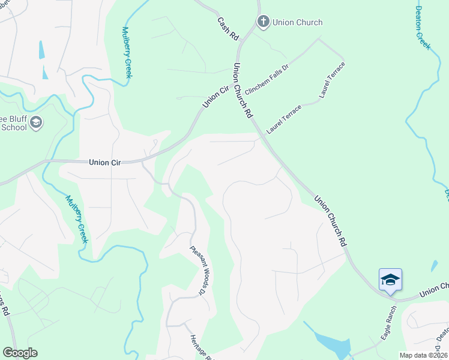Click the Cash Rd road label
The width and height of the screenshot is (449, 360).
(x=229, y=29)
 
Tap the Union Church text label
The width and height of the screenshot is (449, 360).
(x=297, y=22)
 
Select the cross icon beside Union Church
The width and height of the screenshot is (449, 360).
(x=263, y=22)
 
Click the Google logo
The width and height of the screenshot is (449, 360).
(x=20, y=353)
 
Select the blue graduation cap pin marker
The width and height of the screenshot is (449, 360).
(x=390, y=280)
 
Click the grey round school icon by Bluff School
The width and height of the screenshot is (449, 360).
(x=35, y=123)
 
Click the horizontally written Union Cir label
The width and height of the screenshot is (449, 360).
(x=106, y=162)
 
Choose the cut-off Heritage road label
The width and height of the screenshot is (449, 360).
(x=201, y=348)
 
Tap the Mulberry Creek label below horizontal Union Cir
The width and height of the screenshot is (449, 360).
(x=77, y=219)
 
